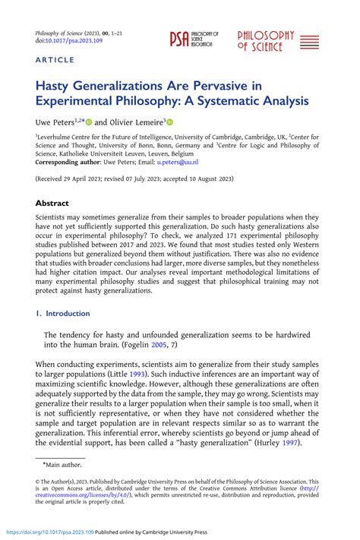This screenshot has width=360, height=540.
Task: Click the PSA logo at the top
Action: point(193,40)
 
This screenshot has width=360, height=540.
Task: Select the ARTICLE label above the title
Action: point(55,60)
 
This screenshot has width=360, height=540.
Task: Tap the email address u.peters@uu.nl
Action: point(178,162)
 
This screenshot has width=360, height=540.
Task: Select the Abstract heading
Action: point(52,204)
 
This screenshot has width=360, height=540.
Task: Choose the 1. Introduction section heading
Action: point(62,313)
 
